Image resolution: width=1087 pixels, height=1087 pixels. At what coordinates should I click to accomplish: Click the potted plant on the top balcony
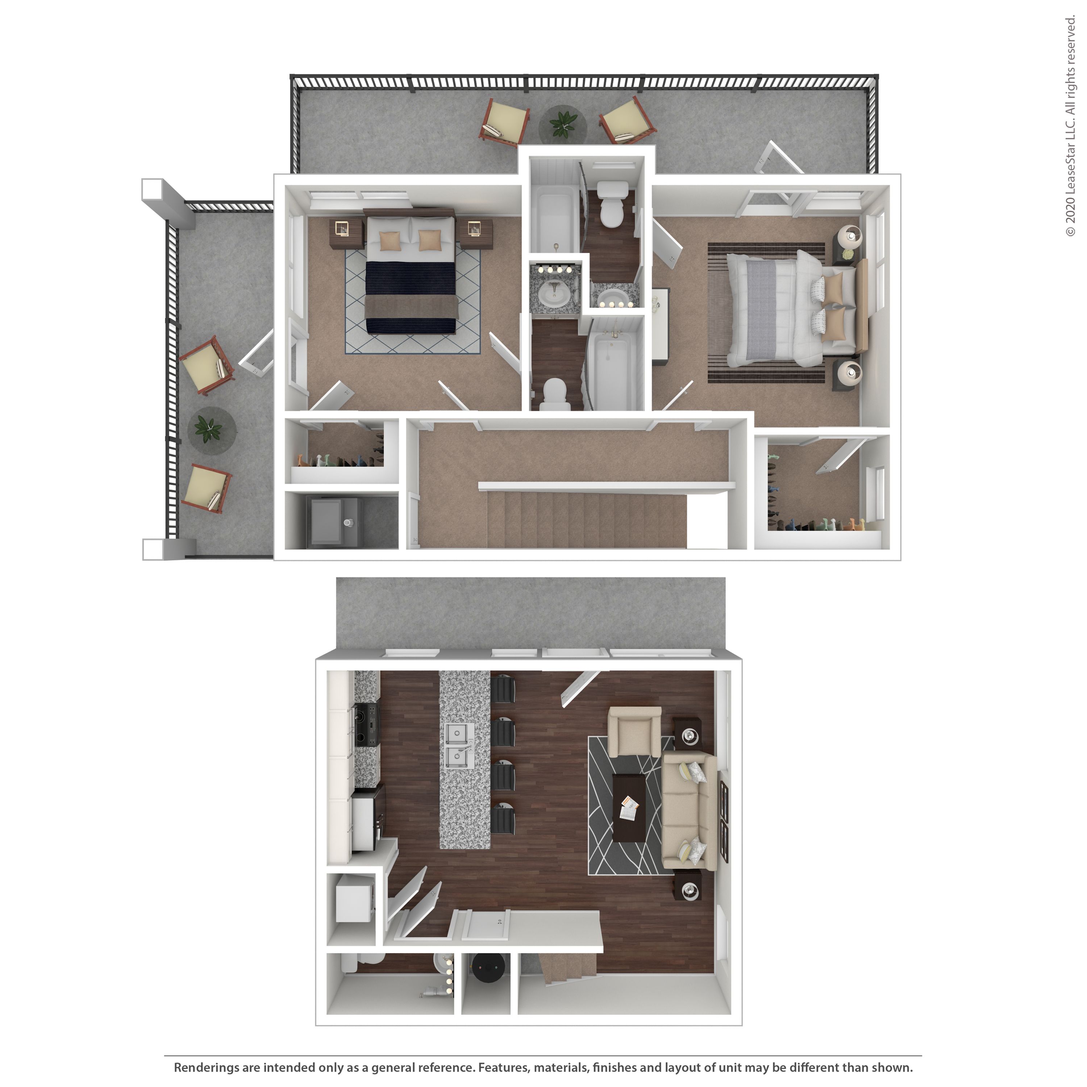(563, 124)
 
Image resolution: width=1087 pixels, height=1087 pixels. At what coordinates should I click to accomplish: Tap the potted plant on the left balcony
(208, 430)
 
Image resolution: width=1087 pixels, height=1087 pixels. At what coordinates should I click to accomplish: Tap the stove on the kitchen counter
(366, 725)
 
